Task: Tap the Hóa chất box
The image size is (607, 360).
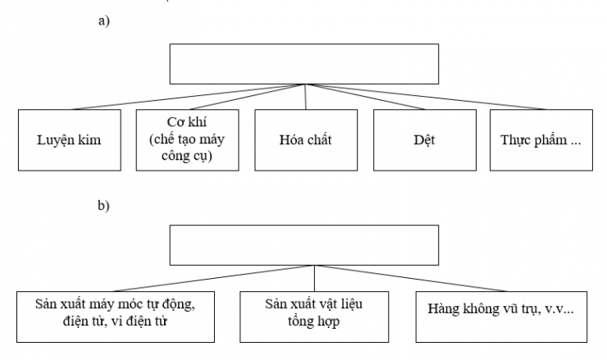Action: coord(304,139)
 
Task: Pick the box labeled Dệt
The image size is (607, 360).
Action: coord(424,139)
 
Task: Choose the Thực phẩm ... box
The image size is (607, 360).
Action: coord(541,139)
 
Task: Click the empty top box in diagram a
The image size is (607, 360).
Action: coord(306,62)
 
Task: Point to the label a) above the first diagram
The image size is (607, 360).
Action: coord(103,21)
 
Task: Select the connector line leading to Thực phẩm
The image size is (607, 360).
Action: coord(427,96)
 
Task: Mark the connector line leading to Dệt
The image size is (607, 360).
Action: coord(365,96)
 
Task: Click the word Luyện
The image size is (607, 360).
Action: coord(53,139)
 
